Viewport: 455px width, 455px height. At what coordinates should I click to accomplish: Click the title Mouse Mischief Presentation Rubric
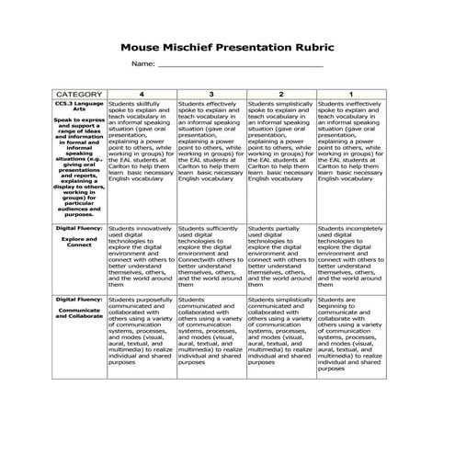[x=227, y=42]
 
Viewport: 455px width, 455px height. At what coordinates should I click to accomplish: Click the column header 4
[x=142, y=95]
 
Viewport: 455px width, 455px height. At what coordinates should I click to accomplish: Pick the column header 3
[x=210, y=95]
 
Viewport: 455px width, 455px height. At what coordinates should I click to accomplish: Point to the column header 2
[x=280, y=95]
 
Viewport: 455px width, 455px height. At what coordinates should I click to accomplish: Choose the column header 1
[x=350, y=95]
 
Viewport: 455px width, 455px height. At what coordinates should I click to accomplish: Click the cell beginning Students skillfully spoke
[x=142, y=142]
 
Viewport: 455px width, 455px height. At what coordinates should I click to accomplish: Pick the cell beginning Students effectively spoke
[x=210, y=142]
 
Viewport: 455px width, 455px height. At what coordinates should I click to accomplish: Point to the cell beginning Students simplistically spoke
[x=280, y=142]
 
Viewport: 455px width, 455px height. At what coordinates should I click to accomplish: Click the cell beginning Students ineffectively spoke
[x=350, y=142]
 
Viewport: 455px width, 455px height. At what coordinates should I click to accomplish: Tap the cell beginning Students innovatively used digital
[x=142, y=256]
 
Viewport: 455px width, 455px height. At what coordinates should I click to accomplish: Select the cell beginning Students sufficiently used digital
[x=210, y=256]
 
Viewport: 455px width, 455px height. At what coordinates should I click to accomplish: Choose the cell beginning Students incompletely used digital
[x=350, y=256]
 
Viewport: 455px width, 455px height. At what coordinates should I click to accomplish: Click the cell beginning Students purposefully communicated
[x=142, y=331]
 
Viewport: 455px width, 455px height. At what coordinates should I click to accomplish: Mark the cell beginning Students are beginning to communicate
[x=350, y=335]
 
